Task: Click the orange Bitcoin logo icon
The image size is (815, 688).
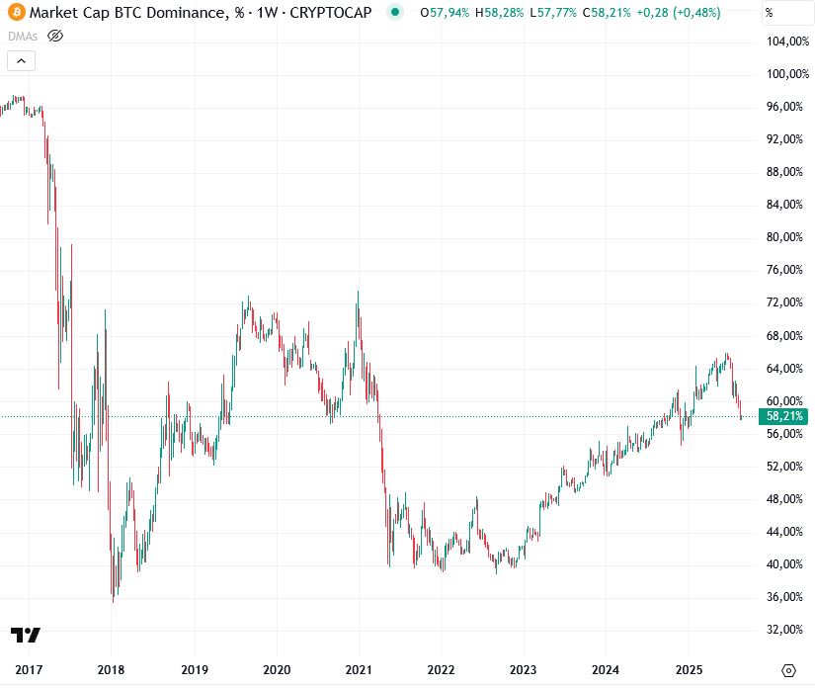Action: (16, 13)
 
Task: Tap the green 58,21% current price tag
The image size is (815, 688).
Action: (784, 416)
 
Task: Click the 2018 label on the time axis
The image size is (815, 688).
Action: (112, 669)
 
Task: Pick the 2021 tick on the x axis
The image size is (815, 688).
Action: (358, 669)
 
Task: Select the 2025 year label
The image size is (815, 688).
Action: (689, 669)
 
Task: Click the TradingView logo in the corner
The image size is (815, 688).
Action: (26, 635)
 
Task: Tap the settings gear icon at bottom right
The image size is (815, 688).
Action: (788, 669)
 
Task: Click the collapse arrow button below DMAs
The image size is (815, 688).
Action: (22, 60)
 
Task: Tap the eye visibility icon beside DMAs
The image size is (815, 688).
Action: (55, 36)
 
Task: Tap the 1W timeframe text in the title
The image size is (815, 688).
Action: (265, 13)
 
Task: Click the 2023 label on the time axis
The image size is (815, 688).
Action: (524, 669)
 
